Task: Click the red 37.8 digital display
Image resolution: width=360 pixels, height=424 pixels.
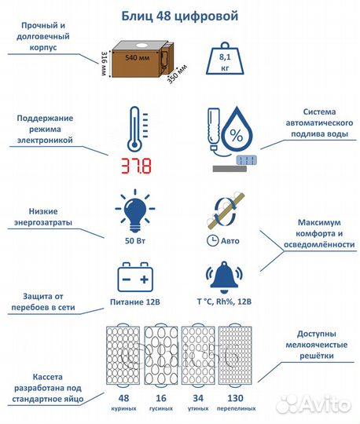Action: tap(134, 166)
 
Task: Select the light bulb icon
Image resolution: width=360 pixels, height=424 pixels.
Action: tap(134, 210)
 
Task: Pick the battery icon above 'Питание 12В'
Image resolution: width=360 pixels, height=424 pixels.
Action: tap(134, 279)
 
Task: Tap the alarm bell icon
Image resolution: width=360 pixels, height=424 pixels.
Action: tap(224, 278)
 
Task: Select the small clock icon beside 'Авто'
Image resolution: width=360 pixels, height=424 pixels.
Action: tap(212, 239)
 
